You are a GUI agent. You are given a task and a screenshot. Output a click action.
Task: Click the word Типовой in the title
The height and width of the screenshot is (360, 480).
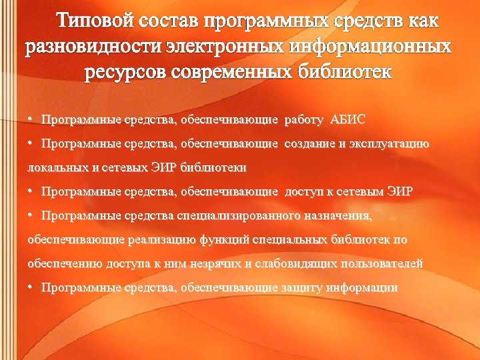[96, 21]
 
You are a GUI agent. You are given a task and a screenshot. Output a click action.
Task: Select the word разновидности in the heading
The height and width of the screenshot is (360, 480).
[98, 48]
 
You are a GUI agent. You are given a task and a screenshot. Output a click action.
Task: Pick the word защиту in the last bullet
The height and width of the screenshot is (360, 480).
[303, 288]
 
